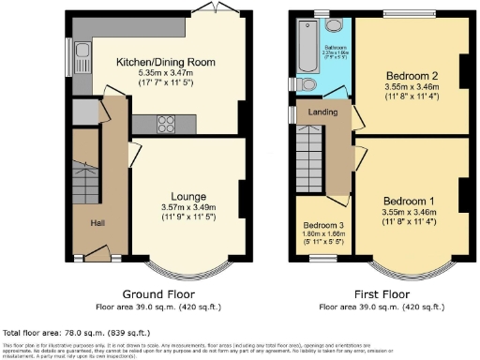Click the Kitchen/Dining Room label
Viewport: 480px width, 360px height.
coord(166,62)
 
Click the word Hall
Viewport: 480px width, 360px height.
coord(97,223)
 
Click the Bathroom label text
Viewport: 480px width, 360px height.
coord(337,45)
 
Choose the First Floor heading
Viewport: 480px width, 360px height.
coord(380,293)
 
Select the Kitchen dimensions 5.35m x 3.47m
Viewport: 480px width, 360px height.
coord(166,72)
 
